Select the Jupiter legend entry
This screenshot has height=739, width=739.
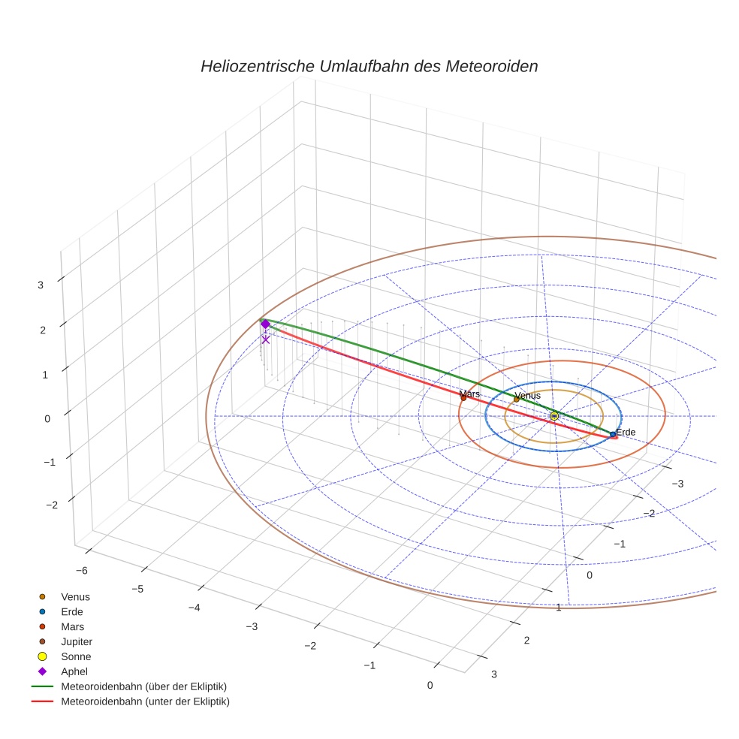(x=77, y=641)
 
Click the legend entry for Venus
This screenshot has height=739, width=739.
(x=75, y=596)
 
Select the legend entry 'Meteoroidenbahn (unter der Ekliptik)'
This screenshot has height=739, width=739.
(x=145, y=701)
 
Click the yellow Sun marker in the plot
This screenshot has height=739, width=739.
(x=554, y=415)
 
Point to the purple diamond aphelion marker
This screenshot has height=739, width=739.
(x=265, y=324)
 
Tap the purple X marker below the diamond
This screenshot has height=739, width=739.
(x=265, y=339)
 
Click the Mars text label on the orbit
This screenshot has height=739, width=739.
(x=469, y=394)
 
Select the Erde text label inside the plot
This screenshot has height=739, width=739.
(x=626, y=433)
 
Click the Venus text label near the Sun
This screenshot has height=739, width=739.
(x=527, y=396)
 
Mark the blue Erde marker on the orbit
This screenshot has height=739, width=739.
(x=613, y=434)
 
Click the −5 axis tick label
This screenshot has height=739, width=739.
(x=137, y=589)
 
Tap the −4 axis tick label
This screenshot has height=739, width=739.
(x=194, y=607)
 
